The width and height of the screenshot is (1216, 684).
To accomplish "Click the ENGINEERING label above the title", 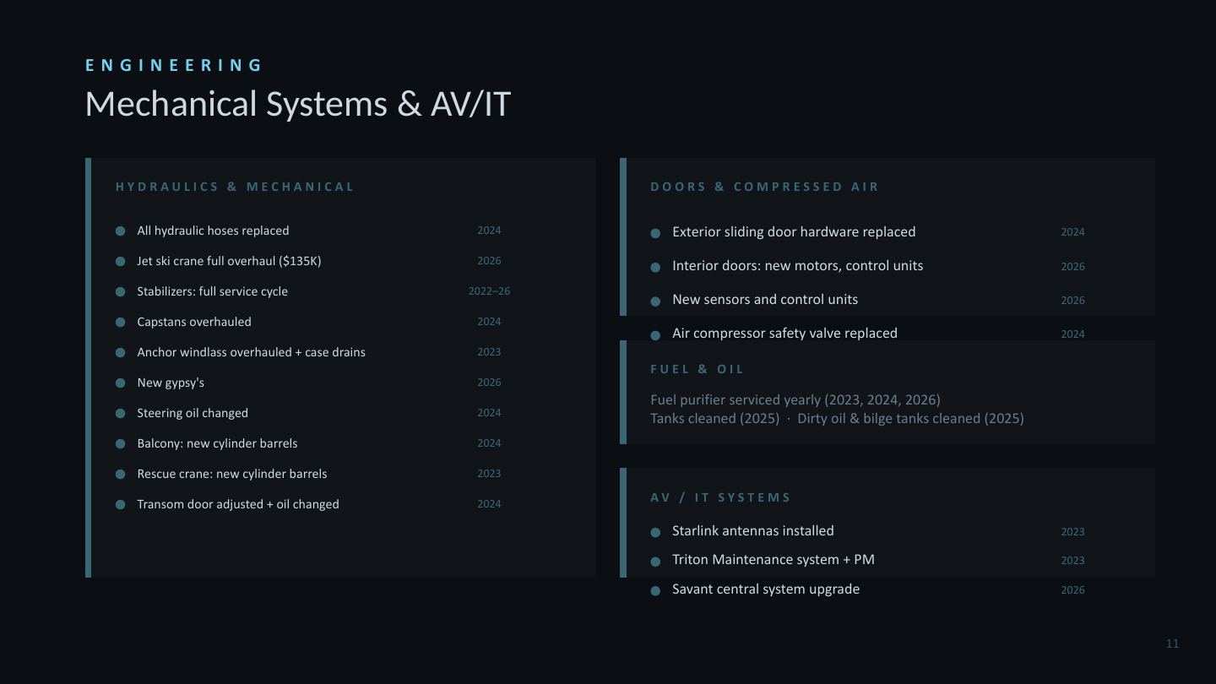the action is tap(174, 65).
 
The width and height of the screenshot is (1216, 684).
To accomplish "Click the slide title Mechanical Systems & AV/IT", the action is tap(298, 104).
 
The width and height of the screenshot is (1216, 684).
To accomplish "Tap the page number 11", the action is tap(1172, 643).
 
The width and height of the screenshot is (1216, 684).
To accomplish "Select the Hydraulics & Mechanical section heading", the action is tap(235, 187).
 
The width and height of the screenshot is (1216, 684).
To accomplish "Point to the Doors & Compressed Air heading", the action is tap(764, 187).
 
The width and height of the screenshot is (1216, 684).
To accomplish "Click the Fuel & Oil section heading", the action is tap(697, 369).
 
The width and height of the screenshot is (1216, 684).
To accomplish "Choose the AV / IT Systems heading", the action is tap(720, 497).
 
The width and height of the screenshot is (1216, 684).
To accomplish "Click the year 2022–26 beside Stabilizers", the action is tap(489, 291).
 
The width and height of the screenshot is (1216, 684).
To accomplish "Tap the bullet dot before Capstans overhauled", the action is tap(121, 323).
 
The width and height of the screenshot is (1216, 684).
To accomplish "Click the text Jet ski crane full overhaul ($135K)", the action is tap(229, 261).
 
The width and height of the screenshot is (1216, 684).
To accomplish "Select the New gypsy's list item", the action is tap(171, 383).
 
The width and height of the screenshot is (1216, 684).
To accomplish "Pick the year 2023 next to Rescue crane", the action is tap(489, 474).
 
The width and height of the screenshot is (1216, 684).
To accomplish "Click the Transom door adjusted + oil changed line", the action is tap(238, 504).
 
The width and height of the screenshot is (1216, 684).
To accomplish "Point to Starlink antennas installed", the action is tap(753, 531).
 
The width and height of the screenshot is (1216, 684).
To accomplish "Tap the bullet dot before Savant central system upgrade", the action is tap(655, 590).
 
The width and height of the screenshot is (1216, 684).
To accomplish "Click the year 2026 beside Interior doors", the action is tap(1072, 267).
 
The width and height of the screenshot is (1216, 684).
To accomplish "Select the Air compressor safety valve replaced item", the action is tap(784, 334).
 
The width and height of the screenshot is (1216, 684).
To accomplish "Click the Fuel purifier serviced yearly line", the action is tap(795, 400).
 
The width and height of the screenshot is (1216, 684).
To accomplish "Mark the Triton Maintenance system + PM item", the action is tap(773, 560).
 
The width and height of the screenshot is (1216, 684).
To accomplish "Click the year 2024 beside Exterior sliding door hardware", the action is tap(1072, 232).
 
